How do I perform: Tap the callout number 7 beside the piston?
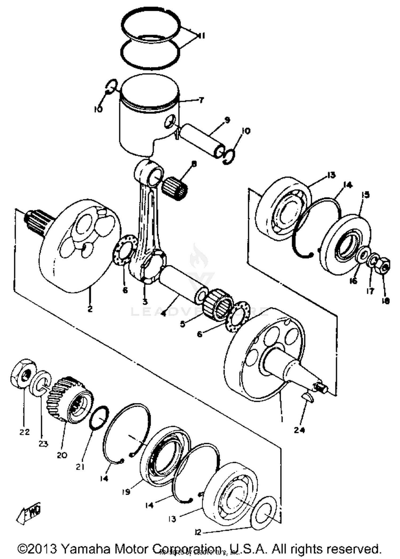201,100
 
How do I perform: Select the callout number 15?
366,195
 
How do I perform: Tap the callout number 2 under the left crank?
90,309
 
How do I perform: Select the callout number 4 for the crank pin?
163,314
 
